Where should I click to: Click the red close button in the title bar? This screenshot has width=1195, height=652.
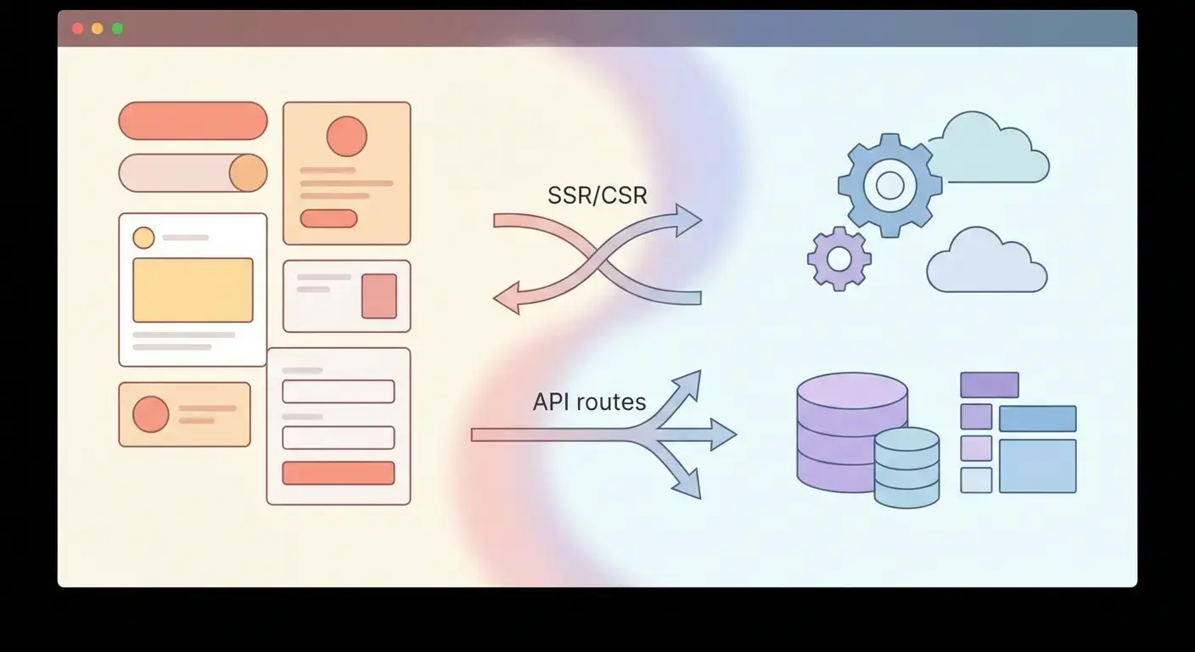[x=77, y=29]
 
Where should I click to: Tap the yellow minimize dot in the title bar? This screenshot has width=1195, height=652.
[x=98, y=29]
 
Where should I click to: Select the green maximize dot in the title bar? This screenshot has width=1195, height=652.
[x=117, y=29]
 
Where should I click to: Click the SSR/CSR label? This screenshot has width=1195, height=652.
[x=597, y=196]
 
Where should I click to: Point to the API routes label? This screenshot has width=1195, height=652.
[x=589, y=402]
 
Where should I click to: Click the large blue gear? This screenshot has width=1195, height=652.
[x=889, y=185]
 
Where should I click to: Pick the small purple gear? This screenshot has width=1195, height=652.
[x=839, y=259]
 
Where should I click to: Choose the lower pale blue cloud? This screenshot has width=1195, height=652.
[x=987, y=264]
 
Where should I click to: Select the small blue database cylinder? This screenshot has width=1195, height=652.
[x=906, y=468]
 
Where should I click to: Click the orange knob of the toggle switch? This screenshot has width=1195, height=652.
[x=248, y=173]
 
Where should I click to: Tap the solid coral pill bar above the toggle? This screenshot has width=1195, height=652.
[x=193, y=121]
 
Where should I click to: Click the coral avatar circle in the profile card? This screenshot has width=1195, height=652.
[x=346, y=136]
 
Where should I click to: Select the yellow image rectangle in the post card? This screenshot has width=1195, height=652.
[x=193, y=289]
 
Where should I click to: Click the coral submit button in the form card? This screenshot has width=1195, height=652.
[x=338, y=473]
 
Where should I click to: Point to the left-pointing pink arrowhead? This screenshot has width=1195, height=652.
[x=508, y=300]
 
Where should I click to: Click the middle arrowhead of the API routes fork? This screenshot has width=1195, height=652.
[x=722, y=435]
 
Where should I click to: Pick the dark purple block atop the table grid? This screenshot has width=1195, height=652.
[x=989, y=385]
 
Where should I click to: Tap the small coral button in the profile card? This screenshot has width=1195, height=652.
[x=328, y=218]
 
